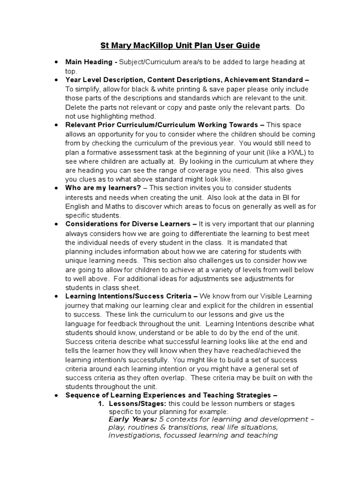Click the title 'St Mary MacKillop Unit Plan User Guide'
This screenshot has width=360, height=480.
click(180, 45)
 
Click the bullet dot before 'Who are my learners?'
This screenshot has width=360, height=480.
click(56, 188)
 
